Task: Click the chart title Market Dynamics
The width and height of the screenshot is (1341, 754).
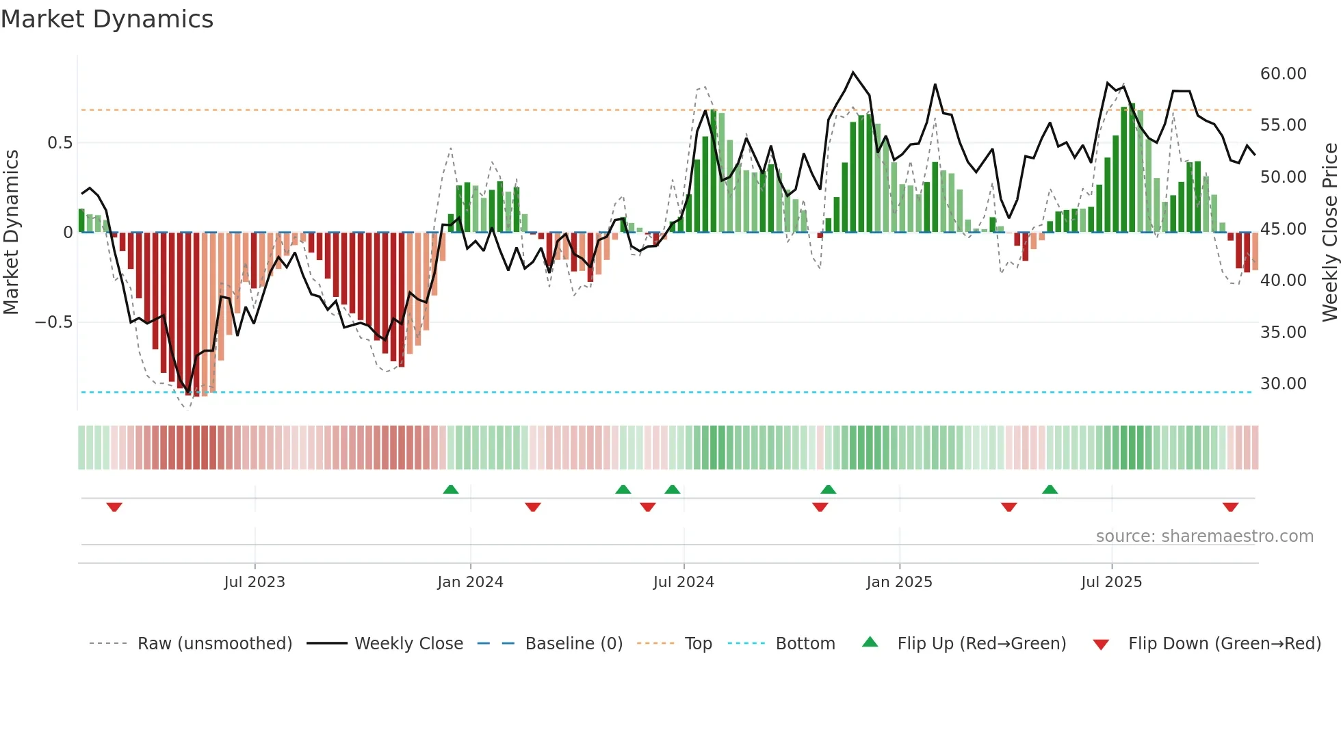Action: pyautogui.click(x=107, y=19)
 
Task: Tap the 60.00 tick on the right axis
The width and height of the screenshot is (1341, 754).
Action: pyautogui.click(x=1283, y=74)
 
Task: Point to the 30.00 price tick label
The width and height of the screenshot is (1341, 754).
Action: pyautogui.click(x=1283, y=384)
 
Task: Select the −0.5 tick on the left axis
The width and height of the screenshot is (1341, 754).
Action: pyautogui.click(x=53, y=322)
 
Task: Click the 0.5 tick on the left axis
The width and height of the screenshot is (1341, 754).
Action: pyautogui.click(x=60, y=143)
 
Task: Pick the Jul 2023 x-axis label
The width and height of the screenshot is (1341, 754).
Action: pyautogui.click(x=255, y=582)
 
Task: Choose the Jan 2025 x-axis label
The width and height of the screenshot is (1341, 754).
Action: pyautogui.click(x=899, y=582)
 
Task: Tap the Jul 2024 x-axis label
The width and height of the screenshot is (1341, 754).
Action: pyautogui.click(x=683, y=582)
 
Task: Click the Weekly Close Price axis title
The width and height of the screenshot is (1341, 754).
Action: pyautogui.click(x=1329, y=233)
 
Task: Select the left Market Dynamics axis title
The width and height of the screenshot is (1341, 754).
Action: pyautogui.click(x=11, y=233)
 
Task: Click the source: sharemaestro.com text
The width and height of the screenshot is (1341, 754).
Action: pyautogui.click(x=1204, y=536)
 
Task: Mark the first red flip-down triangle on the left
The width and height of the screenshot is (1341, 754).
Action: pyautogui.click(x=114, y=507)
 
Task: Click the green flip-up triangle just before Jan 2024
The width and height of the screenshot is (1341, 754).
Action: pyautogui.click(x=450, y=489)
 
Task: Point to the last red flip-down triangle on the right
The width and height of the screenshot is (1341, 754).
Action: pyautogui.click(x=1230, y=507)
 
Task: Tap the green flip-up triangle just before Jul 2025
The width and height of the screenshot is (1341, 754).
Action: pyautogui.click(x=1050, y=489)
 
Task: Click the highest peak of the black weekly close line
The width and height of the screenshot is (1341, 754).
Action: pyautogui.click(x=853, y=73)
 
